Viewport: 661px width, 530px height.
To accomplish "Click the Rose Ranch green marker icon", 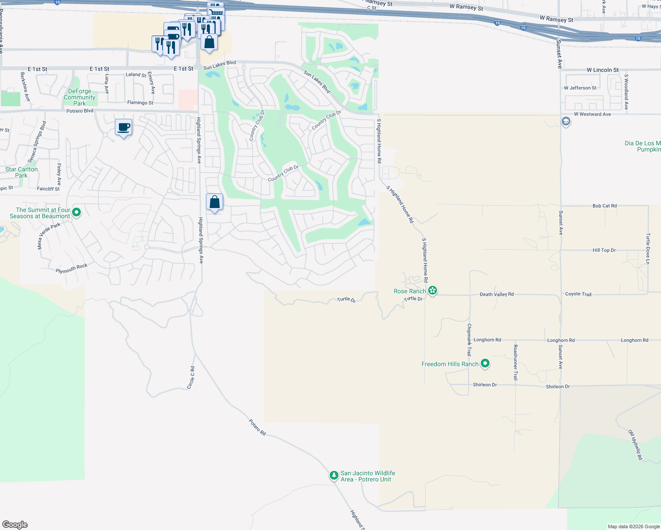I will coord(433,290).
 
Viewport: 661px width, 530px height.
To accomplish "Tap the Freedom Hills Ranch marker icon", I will coord(485,363).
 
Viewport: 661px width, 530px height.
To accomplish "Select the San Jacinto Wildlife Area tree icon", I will coord(334,476).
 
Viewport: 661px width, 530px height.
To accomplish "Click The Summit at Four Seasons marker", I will coord(76,212).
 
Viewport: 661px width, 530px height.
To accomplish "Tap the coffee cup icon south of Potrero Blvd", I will coord(124,128).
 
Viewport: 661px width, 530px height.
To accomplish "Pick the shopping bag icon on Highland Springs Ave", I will coord(214,202).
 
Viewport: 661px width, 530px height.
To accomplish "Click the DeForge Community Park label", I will coord(80,97).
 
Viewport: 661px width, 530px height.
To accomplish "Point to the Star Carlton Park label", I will coord(22,172).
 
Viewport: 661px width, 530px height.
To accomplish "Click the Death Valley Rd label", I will coord(497,294).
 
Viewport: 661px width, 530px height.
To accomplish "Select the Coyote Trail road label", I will coord(578,294).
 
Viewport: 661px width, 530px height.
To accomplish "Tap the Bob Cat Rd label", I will coord(604,206).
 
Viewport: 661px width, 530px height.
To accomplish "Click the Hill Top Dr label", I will coord(604,250).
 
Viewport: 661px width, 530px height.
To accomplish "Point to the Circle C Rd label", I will coord(191,378).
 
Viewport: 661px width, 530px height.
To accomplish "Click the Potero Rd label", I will coord(258,428).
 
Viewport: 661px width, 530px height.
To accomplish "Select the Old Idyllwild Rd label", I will coord(635,445).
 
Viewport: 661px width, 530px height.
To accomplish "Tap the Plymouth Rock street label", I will coord(72,269).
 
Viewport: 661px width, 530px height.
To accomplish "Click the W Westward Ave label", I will coord(592,114).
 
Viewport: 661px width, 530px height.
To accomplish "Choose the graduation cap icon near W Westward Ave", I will coord(566,121).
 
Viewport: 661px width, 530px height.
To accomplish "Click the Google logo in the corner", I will coord(15,524).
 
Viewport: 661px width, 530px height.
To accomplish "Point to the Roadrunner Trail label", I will coord(515,362).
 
